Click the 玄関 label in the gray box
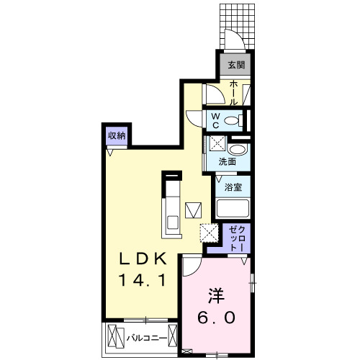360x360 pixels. pos(236,66)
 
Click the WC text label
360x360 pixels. pos(215,119)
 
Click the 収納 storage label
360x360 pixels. pos(117,135)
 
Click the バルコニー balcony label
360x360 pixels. pos(148,337)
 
